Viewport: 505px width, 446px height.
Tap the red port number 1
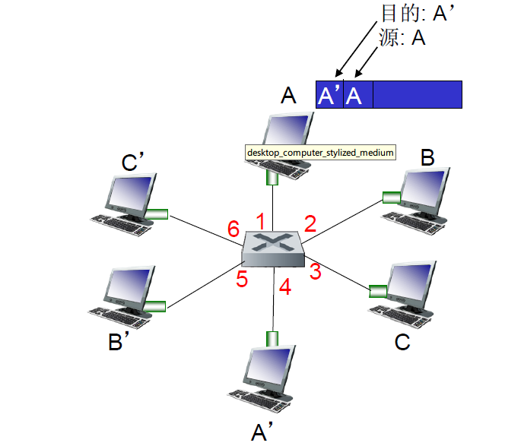click(x=260, y=221)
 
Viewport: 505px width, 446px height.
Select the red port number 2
click(x=310, y=223)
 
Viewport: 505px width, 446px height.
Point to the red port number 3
click(x=315, y=270)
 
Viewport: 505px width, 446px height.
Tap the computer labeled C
click(x=407, y=292)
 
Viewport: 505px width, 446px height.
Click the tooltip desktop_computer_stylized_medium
click(x=320, y=153)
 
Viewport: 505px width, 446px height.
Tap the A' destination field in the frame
click(x=329, y=95)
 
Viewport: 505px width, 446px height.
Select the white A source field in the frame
click(x=354, y=95)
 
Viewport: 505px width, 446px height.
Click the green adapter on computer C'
click(x=157, y=214)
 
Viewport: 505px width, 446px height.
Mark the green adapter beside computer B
click(x=391, y=198)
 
